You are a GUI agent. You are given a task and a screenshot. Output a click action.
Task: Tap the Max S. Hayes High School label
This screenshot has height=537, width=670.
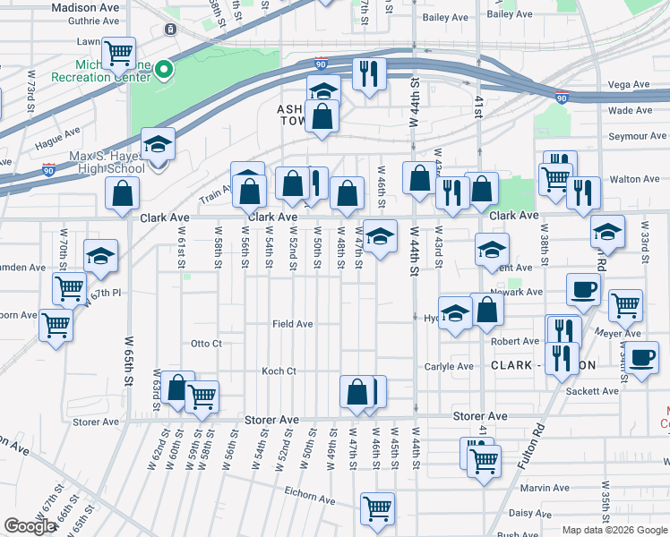(x=106, y=162)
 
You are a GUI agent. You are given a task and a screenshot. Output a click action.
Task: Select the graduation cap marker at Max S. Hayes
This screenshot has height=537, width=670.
(x=158, y=144)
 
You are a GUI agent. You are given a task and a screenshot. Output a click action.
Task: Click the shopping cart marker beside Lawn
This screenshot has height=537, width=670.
(x=118, y=52)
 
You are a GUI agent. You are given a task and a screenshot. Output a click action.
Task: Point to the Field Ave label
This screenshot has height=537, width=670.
(x=292, y=324)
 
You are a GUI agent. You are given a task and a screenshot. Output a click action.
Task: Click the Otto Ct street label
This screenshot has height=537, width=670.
(x=206, y=344)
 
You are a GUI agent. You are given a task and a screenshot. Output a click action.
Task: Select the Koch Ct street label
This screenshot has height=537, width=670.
(x=278, y=371)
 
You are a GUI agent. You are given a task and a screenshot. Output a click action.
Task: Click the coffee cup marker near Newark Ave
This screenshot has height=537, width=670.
(x=583, y=290)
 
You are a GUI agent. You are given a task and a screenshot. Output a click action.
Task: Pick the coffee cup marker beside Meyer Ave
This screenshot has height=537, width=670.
(x=641, y=358)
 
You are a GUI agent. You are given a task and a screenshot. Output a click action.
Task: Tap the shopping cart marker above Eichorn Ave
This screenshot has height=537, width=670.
(x=377, y=507)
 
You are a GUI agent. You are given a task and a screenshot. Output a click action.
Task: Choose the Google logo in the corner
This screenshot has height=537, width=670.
(x=30, y=526)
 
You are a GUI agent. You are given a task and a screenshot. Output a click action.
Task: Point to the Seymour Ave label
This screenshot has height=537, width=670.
(x=637, y=136)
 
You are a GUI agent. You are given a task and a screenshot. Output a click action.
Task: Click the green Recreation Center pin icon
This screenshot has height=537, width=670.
(x=164, y=69)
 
